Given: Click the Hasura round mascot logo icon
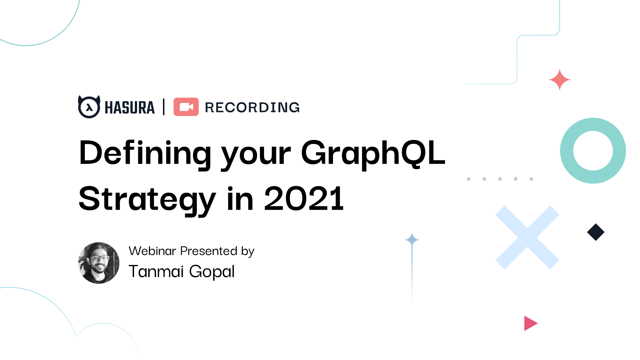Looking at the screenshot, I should click(89, 107).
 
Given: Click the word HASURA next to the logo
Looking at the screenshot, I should click(130, 108).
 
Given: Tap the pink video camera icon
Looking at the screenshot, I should click(186, 107).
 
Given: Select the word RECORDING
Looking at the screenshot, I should click(252, 107).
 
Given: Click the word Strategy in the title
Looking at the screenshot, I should click(147, 199).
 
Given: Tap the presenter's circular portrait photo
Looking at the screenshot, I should click(99, 263).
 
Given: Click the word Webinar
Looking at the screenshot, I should click(152, 251).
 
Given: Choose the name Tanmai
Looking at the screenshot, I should click(156, 271).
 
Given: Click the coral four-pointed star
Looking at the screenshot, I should click(560, 80).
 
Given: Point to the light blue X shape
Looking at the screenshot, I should click(527, 237).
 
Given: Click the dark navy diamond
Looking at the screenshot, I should click(596, 232).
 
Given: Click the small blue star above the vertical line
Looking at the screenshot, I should click(412, 239).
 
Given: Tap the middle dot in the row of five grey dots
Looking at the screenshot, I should click(500, 179).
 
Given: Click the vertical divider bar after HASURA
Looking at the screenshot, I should click(164, 107).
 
